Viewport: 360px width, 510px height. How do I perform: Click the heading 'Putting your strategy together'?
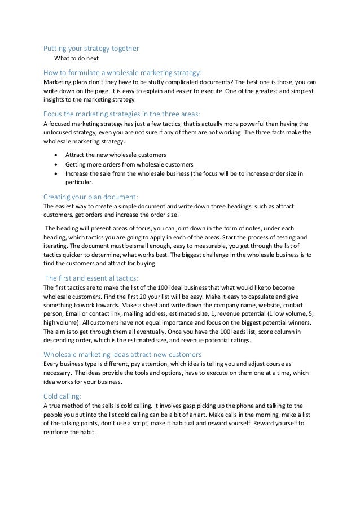(91, 49)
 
